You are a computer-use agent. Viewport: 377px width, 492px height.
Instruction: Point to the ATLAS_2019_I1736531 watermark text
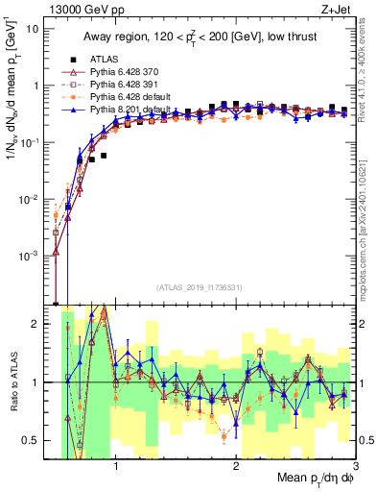(x=199, y=286)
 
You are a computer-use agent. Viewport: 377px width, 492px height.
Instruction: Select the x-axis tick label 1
(x=116, y=468)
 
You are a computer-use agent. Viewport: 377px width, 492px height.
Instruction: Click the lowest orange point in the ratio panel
(x=224, y=436)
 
